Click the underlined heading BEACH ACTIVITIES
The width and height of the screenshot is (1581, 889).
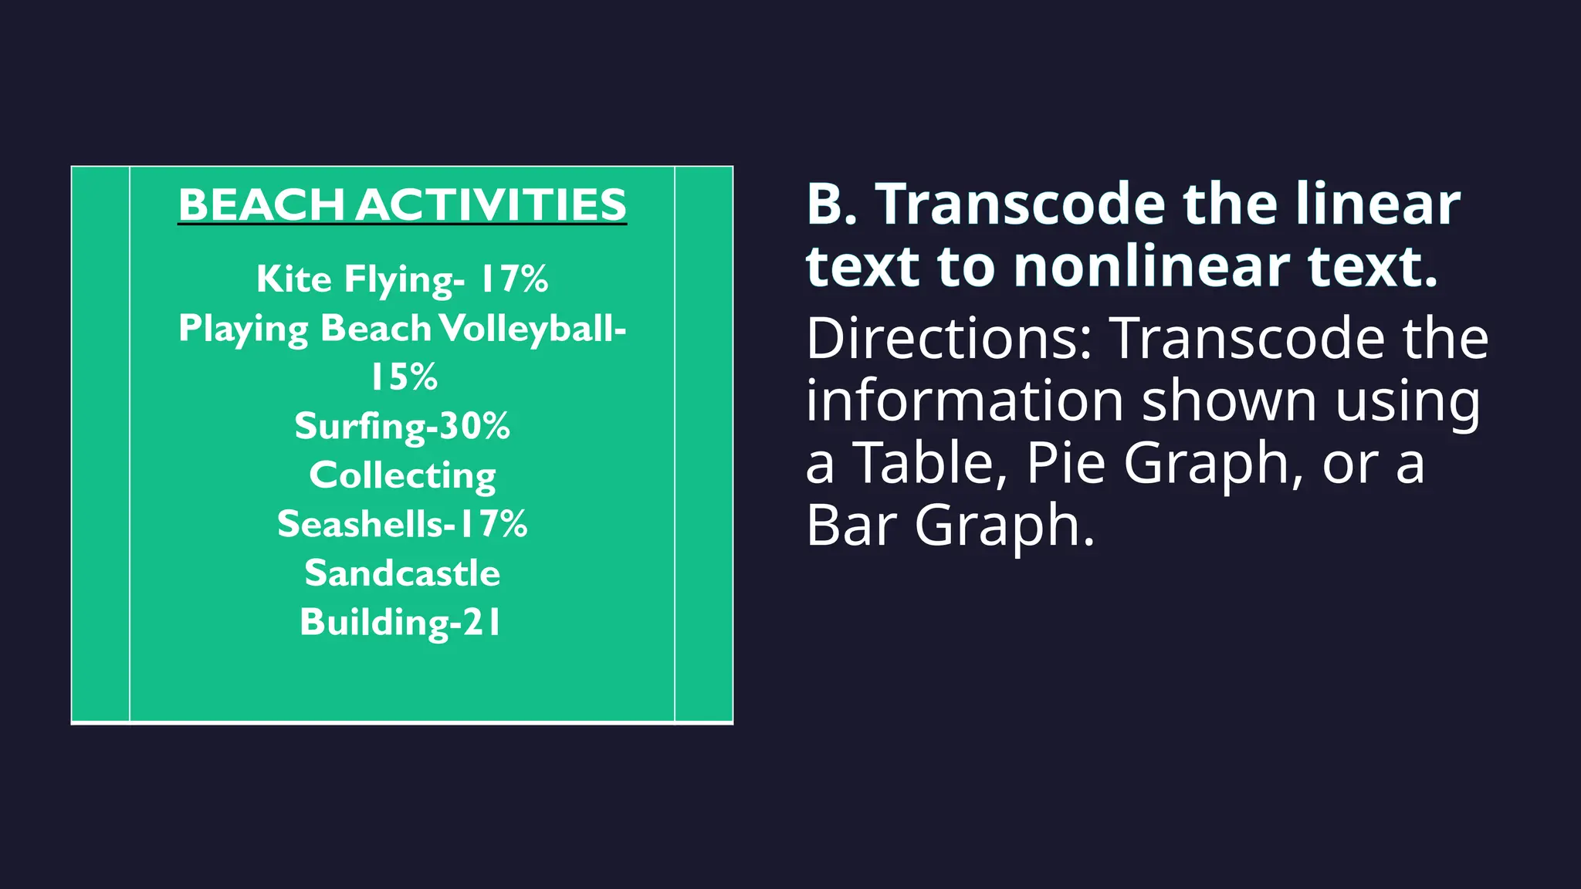(x=402, y=205)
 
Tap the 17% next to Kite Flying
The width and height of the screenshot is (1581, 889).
(x=514, y=279)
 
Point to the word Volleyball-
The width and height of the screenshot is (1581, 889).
(x=533, y=328)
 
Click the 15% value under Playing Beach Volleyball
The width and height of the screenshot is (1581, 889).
(x=403, y=377)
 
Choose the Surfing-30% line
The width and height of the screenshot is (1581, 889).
(x=402, y=426)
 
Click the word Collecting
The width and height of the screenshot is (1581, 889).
(x=402, y=475)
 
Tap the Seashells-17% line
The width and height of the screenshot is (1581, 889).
(x=402, y=524)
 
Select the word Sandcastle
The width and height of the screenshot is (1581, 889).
(x=402, y=573)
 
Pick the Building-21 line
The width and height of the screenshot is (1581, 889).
(x=401, y=622)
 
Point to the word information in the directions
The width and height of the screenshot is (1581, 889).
(x=964, y=401)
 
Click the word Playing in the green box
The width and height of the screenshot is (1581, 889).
(x=243, y=328)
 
